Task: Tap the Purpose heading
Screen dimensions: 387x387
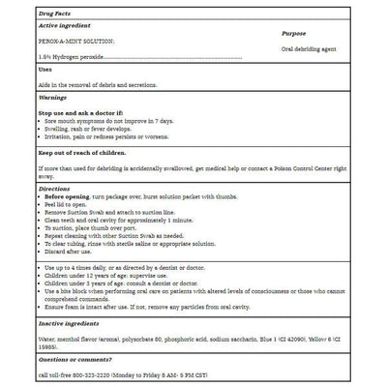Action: [294, 33]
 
